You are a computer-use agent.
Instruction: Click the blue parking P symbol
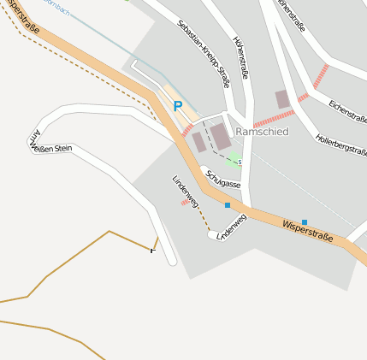tap(178, 106)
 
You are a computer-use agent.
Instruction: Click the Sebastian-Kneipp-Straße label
tap(204, 54)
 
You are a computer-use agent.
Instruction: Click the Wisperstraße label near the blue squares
tap(306, 230)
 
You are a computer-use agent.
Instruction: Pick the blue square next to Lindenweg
tap(228, 205)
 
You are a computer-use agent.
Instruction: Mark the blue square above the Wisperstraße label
tap(305, 221)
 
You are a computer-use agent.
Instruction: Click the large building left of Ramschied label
tap(221, 135)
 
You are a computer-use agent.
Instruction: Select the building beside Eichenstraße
tap(282, 99)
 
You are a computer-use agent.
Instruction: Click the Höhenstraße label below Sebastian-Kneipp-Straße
tap(240, 57)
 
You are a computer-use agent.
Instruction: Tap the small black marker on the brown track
tap(154, 250)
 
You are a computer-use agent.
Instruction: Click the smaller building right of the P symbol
tap(198, 142)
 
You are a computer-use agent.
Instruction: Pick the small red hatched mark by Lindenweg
tap(185, 203)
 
